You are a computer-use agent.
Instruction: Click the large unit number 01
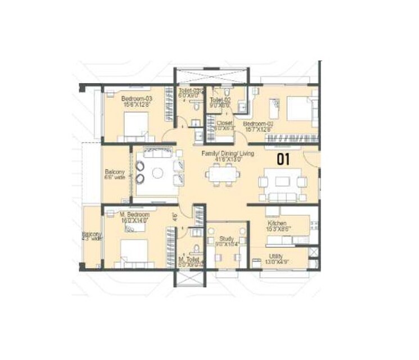[x=283, y=159]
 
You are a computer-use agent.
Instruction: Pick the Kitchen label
[x=278, y=223]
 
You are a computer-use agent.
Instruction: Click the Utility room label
[x=276, y=255]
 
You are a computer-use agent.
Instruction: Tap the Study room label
[x=226, y=238]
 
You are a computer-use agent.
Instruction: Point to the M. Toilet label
[x=187, y=260]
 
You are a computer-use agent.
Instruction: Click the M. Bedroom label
[x=134, y=215]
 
